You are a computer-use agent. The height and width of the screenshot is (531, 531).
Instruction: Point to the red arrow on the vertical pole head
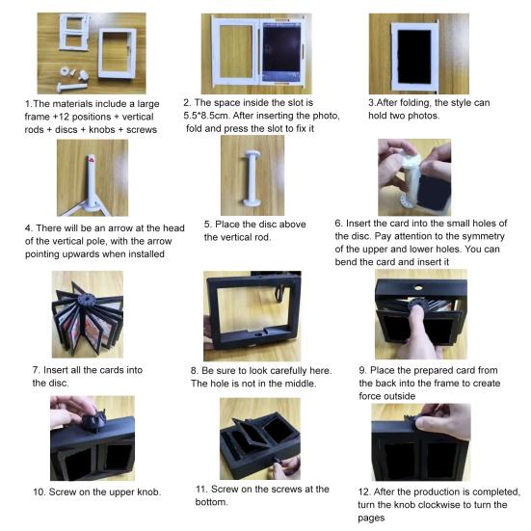[x=93, y=155]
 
